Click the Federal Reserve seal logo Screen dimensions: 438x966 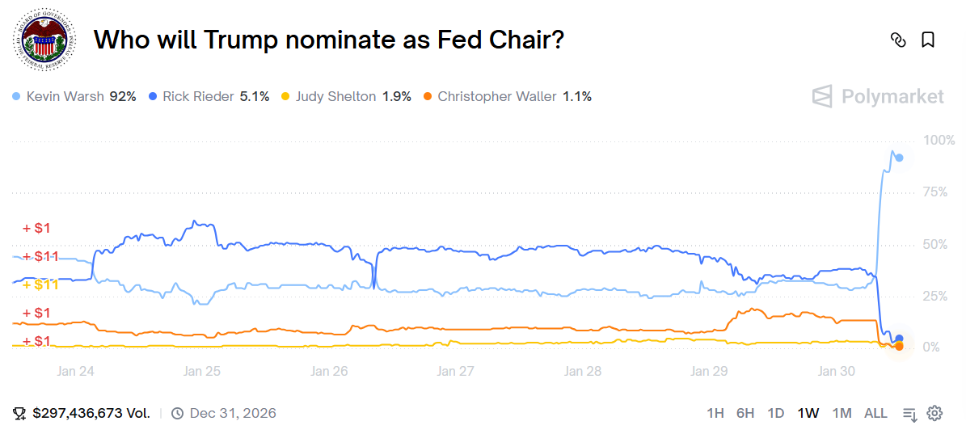[45, 40]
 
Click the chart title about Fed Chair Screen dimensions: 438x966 [328, 40]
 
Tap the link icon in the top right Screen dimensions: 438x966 [897, 40]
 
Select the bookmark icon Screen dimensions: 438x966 [928, 40]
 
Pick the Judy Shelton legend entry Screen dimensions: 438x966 [346, 96]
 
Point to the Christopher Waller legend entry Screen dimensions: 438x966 [507, 96]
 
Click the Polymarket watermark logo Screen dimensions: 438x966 [878, 97]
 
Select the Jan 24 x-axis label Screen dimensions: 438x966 [76, 372]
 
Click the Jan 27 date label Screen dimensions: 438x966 [455, 372]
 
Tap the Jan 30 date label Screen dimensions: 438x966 [836, 372]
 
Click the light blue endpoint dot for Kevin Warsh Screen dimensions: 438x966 [899, 158]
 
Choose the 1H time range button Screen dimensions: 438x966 [715, 413]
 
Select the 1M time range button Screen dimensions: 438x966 [842, 413]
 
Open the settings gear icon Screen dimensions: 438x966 [934, 413]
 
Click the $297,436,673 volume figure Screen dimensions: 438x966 [91, 413]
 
